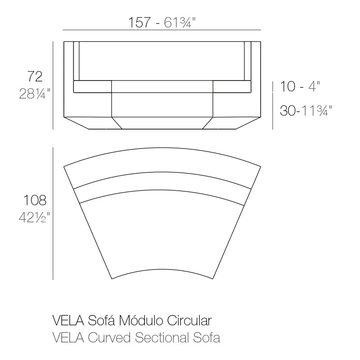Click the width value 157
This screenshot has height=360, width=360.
coord(139,22)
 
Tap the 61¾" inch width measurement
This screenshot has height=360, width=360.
coord(180,22)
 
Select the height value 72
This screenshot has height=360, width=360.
coord(35,76)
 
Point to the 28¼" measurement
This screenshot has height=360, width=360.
coord(35,94)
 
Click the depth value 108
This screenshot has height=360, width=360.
coord(35,200)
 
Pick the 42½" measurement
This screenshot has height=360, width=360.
coord(35,217)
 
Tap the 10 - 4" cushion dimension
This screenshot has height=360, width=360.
coord(300,86)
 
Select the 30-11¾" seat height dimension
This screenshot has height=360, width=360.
coord(306,111)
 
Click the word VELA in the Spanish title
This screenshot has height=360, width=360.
coord(68,320)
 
